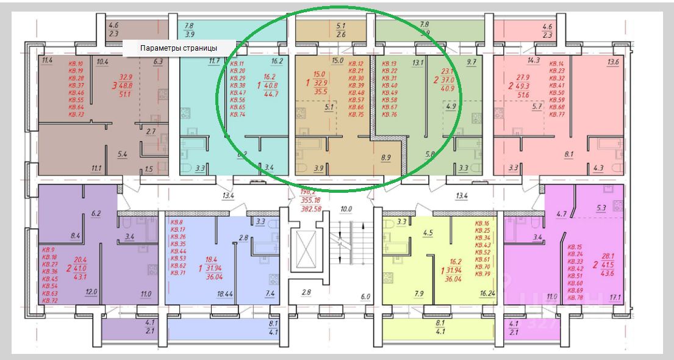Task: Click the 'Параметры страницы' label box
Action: pos(179,48)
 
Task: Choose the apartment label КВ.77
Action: pos(557,114)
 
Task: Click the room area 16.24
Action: pos(487,294)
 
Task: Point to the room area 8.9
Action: pos(385,158)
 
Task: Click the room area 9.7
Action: pos(471,62)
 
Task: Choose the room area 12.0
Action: pos(91,292)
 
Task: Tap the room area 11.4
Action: pos(48,60)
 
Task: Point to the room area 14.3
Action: pos(534,60)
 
